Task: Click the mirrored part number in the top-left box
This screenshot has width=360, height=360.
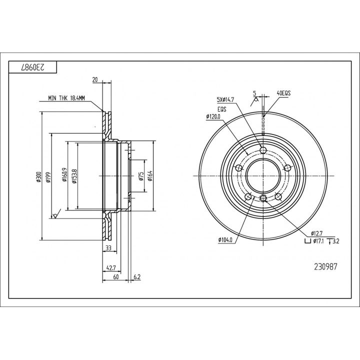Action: pos(32,67)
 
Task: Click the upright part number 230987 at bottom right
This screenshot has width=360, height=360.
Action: pos(325,266)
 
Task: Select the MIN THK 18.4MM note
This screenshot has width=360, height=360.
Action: pos(66,98)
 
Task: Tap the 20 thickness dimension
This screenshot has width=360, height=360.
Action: pos(95,79)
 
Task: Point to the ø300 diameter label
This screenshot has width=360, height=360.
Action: pos(38,177)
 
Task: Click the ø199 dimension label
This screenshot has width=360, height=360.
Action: pos(48,177)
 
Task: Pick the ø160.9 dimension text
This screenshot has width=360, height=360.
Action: pos(64,174)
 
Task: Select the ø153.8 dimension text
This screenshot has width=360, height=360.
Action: pos(74,176)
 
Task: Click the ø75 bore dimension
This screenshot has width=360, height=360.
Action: pos(141,176)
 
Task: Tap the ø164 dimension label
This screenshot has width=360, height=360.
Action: pos(150,176)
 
